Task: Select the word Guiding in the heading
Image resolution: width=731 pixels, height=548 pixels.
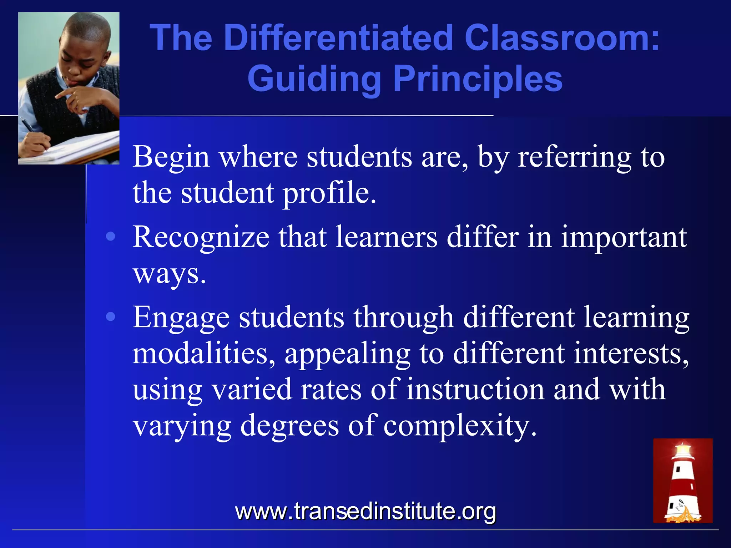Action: [314, 79]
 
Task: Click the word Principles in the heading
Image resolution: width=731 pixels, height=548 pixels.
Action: [478, 79]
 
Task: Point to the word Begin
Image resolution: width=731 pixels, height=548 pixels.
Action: [171, 157]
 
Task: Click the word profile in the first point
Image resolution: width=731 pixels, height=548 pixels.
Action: [328, 193]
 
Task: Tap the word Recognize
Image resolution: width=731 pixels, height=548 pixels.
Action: [201, 238]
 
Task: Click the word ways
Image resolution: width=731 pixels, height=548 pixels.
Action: [169, 274]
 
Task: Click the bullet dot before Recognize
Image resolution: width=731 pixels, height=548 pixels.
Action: [111, 237]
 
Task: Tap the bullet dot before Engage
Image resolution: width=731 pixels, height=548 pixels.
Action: [111, 316]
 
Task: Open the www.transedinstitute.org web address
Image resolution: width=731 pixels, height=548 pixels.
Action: [365, 511]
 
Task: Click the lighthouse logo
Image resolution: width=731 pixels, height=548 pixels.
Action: [683, 481]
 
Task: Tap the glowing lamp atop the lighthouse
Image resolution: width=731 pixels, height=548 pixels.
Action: [683, 449]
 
